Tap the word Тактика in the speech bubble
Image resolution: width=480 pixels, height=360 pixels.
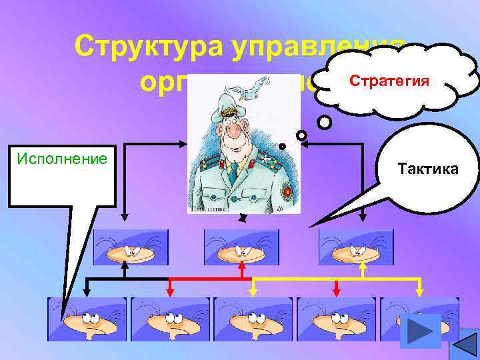[x=426, y=169]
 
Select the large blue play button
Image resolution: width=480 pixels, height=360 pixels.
[x=420, y=331]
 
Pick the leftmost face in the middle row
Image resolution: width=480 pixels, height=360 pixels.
[x=131, y=247]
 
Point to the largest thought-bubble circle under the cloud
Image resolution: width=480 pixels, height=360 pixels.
[x=324, y=123]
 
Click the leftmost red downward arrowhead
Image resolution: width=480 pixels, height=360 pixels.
[x=170, y=290]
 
